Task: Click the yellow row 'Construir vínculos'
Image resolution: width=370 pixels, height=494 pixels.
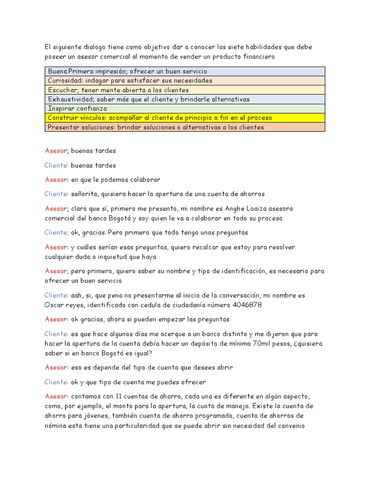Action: [x=185, y=118]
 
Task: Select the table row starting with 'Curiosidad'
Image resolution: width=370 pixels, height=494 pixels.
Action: [x=185, y=81]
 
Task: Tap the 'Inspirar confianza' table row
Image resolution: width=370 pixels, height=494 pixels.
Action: [x=185, y=109]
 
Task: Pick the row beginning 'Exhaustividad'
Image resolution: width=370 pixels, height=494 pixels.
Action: [x=185, y=99]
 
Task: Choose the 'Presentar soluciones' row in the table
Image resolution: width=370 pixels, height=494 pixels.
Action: [x=185, y=127]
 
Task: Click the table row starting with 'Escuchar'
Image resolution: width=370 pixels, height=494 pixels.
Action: [x=185, y=90]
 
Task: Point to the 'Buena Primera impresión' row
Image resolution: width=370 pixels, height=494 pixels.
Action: [x=185, y=71]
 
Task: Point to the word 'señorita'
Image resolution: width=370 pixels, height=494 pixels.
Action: [x=85, y=194]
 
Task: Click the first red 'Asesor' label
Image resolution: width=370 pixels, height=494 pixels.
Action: [x=56, y=151]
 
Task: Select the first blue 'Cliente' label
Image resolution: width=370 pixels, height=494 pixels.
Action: [x=56, y=165]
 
